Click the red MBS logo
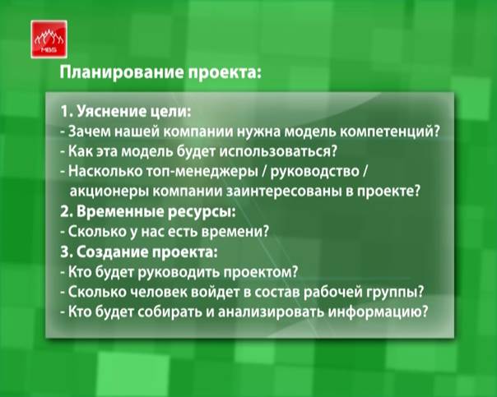pyautogui.click(x=49, y=39)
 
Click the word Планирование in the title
pyautogui.click(x=122, y=72)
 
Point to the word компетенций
pyautogui.click(x=387, y=132)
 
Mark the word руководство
pyautogui.click(x=315, y=172)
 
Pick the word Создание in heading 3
pyautogui.click(x=111, y=252)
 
